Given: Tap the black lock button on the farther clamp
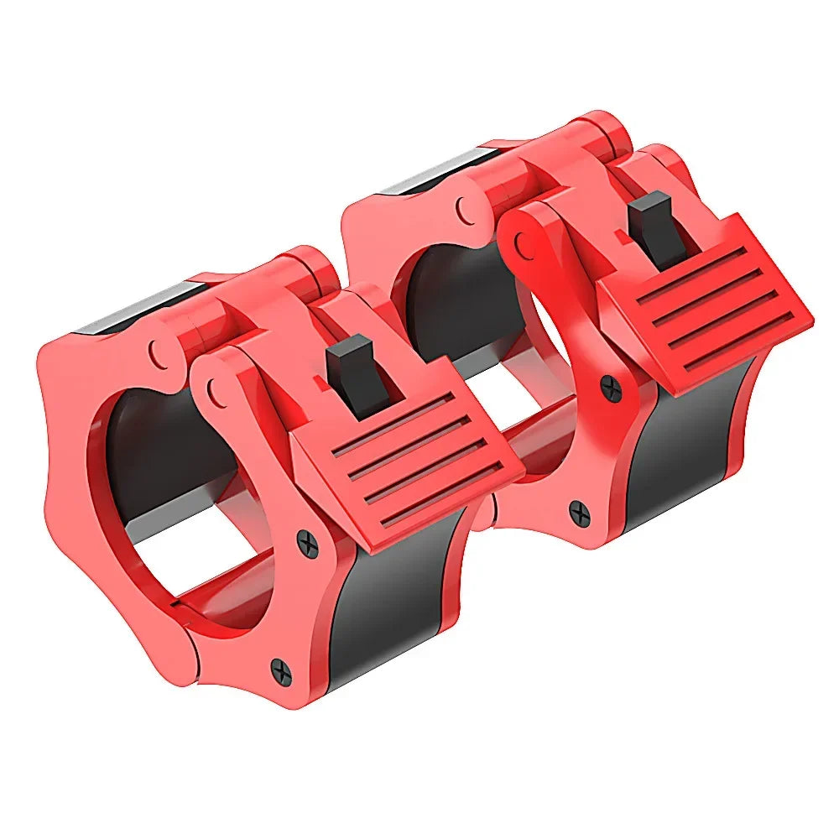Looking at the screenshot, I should (x=660, y=228).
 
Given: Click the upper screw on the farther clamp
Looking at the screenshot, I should (x=610, y=387).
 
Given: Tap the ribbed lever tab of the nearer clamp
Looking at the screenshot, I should (x=411, y=470).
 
